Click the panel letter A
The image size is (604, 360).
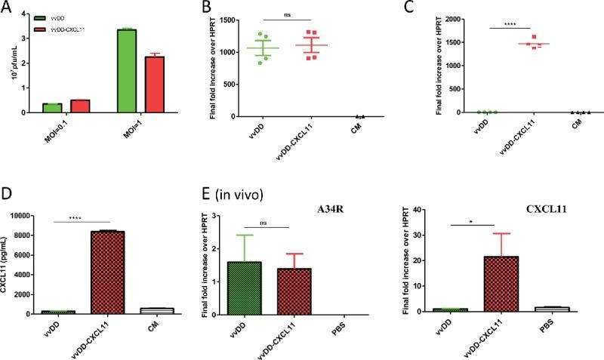(x=8, y=9)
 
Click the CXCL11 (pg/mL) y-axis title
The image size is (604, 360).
(x=10, y=264)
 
